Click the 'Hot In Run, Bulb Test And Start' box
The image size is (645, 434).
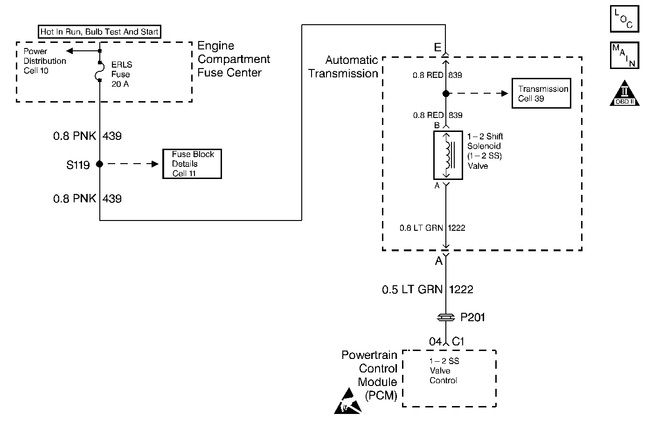click(99, 32)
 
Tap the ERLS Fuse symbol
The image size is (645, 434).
click(99, 71)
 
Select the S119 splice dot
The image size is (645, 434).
click(99, 164)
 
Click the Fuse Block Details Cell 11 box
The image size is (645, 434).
click(192, 164)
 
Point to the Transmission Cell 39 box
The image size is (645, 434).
click(541, 93)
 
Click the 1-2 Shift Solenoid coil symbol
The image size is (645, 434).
click(448, 155)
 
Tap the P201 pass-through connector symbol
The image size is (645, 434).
click(446, 317)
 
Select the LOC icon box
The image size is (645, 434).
click(624, 19)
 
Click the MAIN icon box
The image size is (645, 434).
click(624, 55)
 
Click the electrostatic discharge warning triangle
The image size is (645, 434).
click(348, 402)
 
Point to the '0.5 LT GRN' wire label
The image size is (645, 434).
click(412, 289)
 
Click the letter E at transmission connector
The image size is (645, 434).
click(437, 47)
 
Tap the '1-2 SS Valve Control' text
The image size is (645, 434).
click(444, 371)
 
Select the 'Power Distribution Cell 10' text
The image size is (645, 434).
click(45, 61)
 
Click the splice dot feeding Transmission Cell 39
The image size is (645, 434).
click(446, 94)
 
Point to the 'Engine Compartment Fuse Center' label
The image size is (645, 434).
click(234, 59)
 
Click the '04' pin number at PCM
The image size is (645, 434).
click(435, 342)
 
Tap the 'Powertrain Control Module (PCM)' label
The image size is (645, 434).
click(369, 375)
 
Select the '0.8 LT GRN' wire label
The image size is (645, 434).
click(421, 228)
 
